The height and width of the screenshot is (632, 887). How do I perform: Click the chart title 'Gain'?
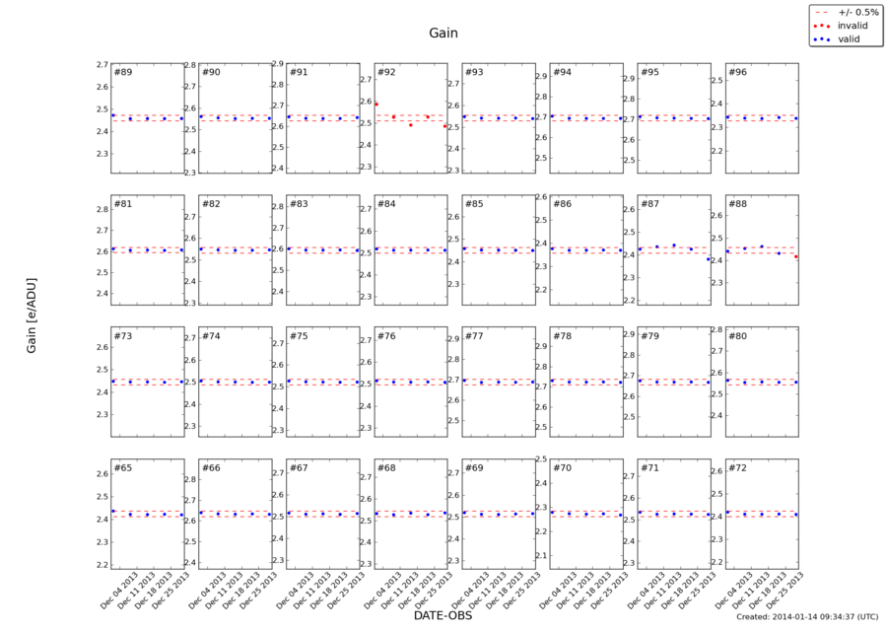coord(443,33)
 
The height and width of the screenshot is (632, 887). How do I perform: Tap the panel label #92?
coord(386,72)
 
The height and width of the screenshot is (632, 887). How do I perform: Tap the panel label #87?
coord(649,204)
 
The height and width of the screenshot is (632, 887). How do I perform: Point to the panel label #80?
coord(737,336)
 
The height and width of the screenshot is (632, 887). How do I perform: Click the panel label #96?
coord(737,72)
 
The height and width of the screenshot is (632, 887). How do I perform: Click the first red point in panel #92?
coord(376,104)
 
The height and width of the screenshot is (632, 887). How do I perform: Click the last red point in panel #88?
coord(795,256)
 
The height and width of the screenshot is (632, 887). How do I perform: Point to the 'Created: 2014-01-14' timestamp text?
coord(806,616)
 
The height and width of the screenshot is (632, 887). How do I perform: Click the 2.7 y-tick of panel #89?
coord(102,65)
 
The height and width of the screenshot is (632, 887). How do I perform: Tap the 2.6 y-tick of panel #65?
coord(102,474)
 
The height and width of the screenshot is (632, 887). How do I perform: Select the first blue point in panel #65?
coord(113,511)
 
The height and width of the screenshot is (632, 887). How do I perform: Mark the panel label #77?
coord(474,336)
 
